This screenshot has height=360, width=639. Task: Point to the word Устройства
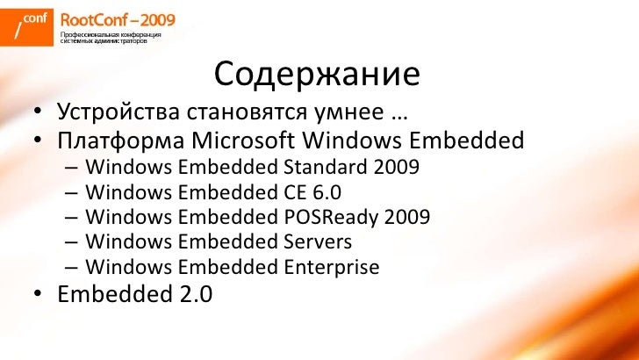coord(115,114)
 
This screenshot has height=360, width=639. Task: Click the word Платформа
coord(120,140)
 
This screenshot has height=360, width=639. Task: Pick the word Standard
coord(325,167)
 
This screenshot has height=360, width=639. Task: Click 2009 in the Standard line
coord(395,167)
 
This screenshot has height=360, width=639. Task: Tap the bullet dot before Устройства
coord(39,115)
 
